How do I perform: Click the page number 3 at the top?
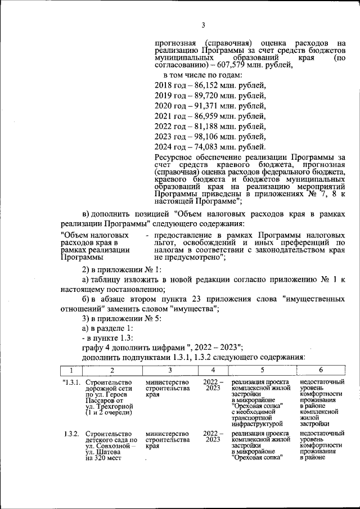(203, 25)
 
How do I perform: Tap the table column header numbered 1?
(71, 371)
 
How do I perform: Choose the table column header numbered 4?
(213, 371)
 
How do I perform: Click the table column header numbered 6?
(321, 371)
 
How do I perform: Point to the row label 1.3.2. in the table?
(72, 434)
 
